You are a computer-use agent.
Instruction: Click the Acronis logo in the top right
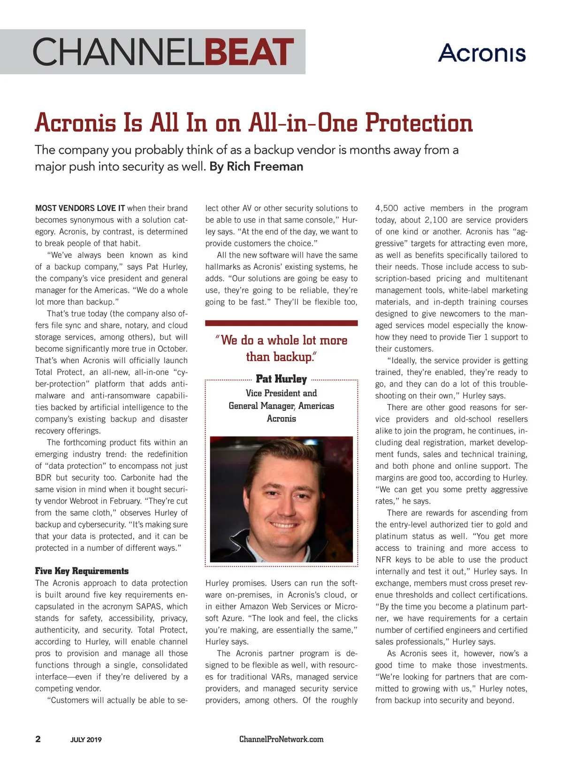(x=482, y=53)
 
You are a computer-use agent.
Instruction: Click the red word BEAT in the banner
(x=249, y=52)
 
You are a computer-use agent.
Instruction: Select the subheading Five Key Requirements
(x=82, y=571)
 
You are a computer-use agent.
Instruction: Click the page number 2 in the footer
(x=38, y=739)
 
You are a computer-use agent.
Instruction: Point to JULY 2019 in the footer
(x=86, y=740)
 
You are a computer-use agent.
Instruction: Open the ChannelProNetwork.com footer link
(x=281, y=739)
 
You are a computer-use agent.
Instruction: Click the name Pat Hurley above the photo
(x=281, y=379)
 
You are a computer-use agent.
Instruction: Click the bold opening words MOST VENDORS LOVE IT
(x=80, y=208)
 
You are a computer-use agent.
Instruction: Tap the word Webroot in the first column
(x=84, y=501)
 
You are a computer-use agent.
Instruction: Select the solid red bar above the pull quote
(x=281, y=323)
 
